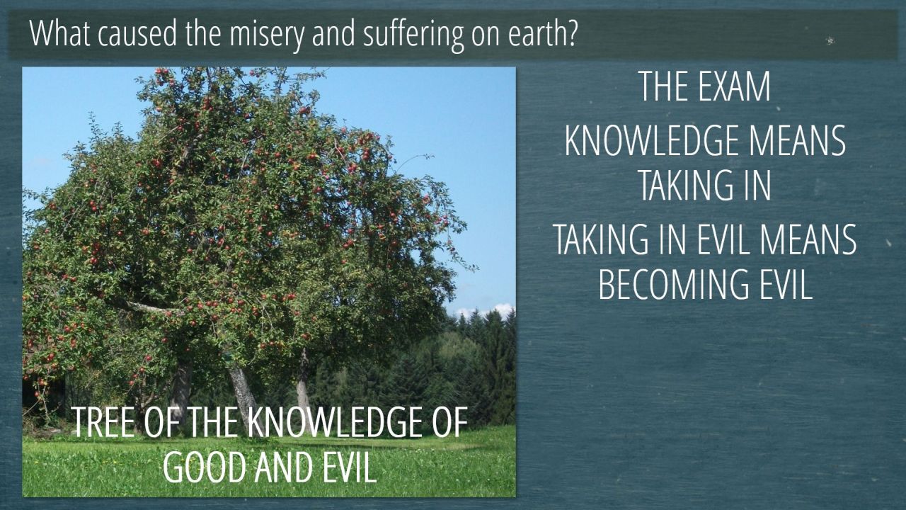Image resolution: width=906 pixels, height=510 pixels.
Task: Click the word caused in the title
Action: (x=137, y=33)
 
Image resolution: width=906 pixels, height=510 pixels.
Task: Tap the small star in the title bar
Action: (x=830, y=40)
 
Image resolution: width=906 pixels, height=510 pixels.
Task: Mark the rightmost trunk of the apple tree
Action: (x=302, y=385)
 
